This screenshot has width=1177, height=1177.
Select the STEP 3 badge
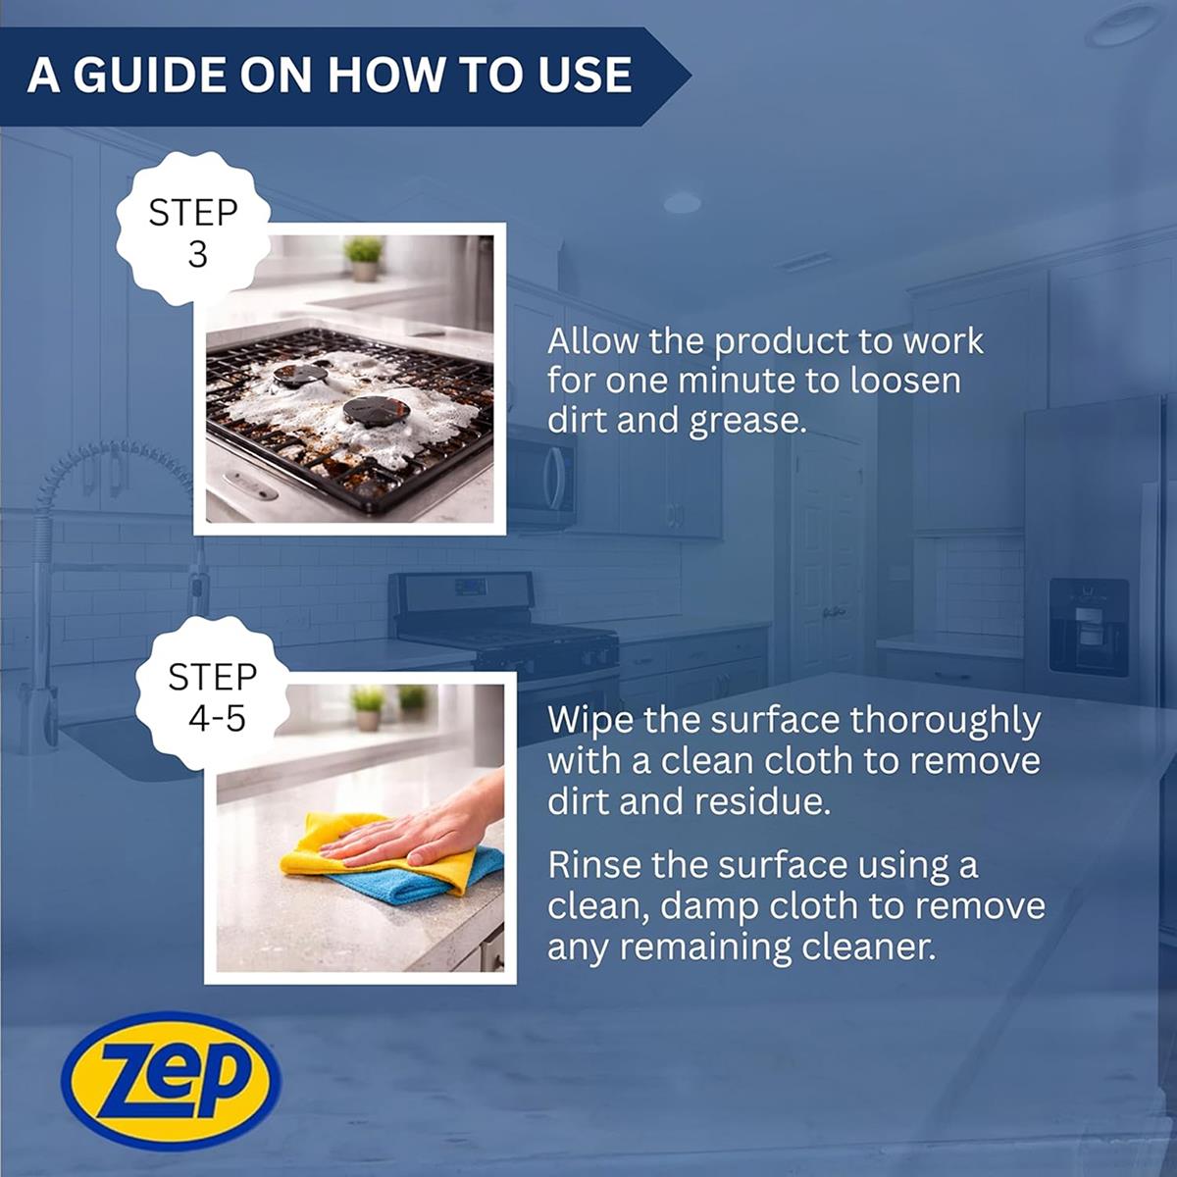194,230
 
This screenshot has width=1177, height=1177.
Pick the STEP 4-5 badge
212,695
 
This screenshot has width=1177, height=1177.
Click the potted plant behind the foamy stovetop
364,258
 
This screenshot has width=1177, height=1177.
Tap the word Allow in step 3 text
593,340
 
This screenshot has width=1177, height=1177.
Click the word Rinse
595,864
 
